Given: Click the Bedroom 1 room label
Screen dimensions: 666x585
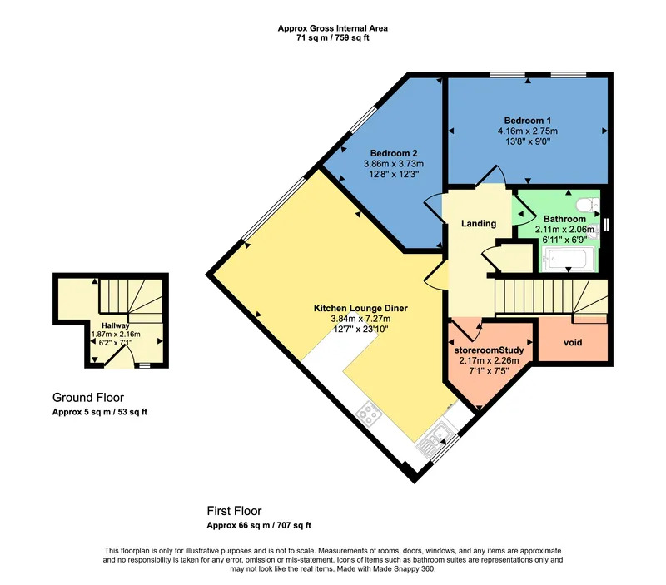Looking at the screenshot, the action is point(528,121).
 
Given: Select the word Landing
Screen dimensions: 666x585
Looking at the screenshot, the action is point(479,223).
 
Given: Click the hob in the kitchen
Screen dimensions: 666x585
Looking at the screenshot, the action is point(369,413).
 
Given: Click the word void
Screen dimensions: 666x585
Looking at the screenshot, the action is point(573,342).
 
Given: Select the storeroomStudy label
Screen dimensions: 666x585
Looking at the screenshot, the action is point(489,350).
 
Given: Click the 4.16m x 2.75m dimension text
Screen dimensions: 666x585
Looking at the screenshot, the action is point(528,131).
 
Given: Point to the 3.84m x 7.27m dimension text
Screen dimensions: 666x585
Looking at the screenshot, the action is point(360,319).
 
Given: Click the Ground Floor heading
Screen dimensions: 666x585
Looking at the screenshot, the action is point(88,398).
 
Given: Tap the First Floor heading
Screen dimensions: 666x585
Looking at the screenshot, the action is point(234,511).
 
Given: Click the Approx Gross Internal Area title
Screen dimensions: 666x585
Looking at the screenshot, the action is point(332,28).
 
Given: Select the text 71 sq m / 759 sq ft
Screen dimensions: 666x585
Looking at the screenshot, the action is point(332,37).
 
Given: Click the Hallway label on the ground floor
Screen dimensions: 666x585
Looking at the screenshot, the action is point(116,325).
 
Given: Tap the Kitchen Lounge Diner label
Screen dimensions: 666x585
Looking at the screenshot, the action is point(360,308).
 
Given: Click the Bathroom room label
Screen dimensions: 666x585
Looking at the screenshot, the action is point(564,219).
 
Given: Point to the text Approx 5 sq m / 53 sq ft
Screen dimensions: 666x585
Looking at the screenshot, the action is point(100,412).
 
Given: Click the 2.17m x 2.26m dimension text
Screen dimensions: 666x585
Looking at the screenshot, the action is point(489,361).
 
